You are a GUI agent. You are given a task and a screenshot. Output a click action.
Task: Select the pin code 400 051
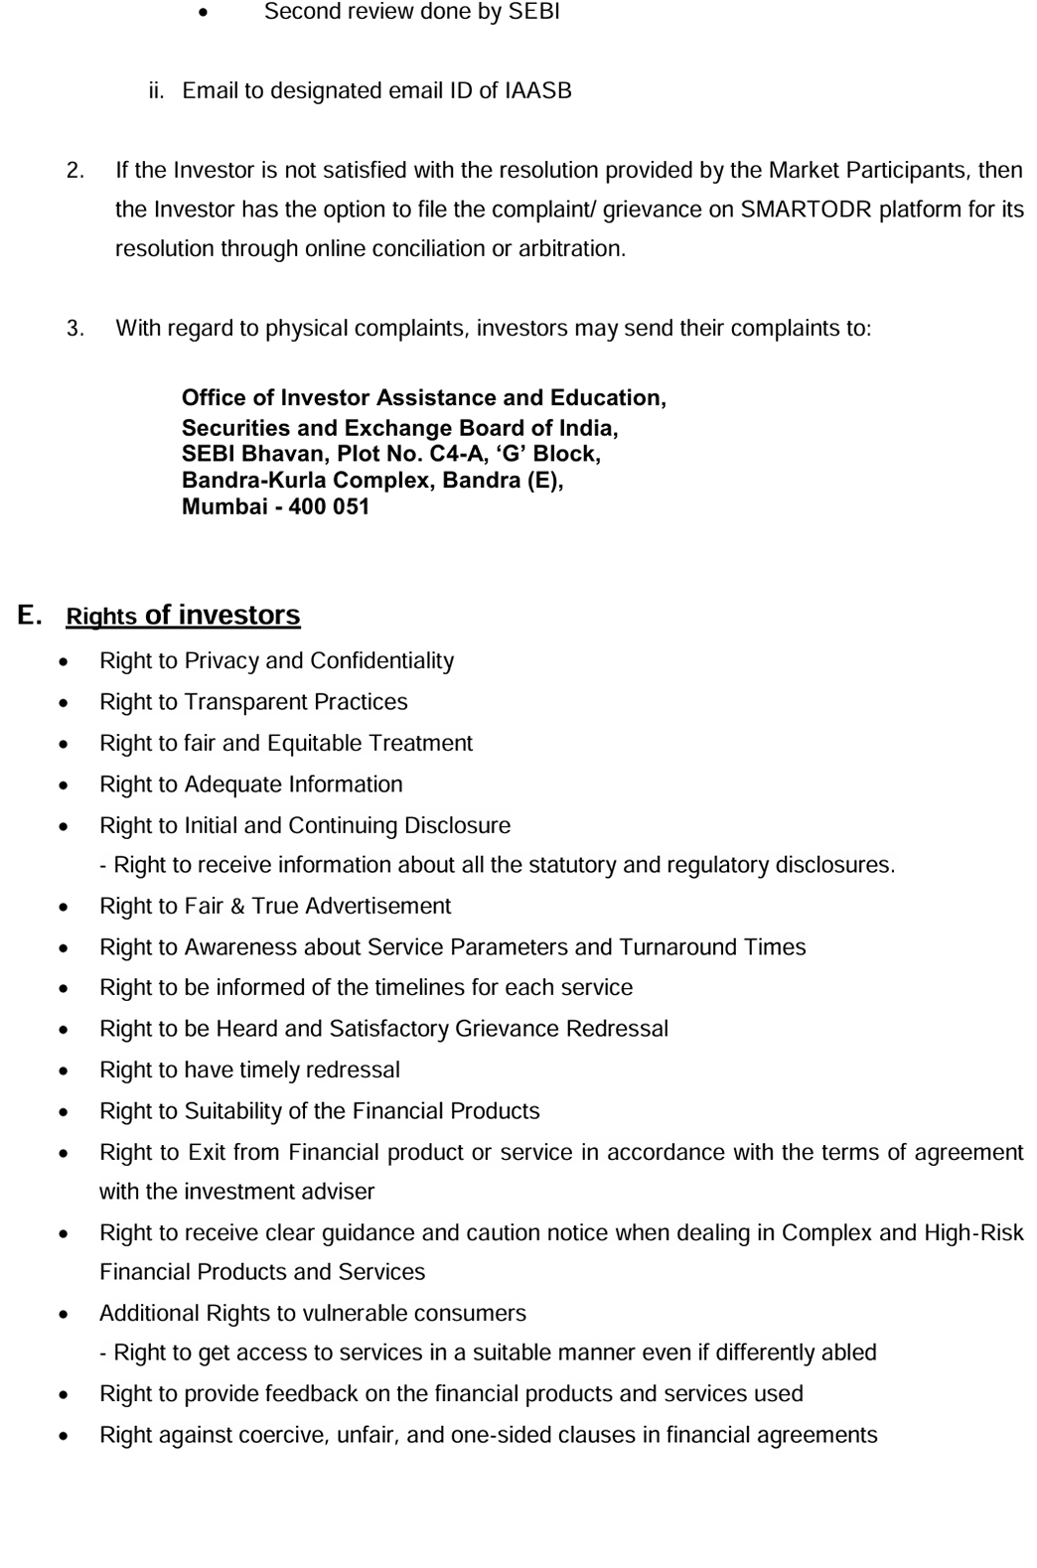coord(329,506)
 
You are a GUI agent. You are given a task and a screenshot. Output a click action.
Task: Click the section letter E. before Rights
coord(29,615)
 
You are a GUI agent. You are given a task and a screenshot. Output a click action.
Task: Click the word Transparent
coord(245,702)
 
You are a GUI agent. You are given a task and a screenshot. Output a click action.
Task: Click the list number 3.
coord(74,329)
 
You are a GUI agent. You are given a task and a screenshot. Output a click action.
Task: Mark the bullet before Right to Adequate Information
coord(65,785)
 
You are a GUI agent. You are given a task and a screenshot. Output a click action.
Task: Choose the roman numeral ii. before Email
coord(156,91)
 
